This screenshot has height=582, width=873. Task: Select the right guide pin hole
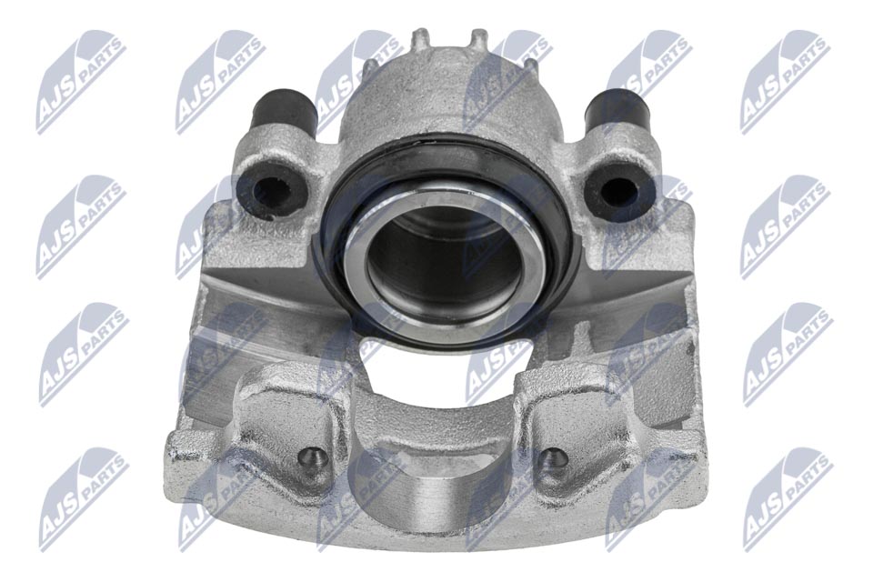(619, 190)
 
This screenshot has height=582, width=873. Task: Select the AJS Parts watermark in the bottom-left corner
(82, 499)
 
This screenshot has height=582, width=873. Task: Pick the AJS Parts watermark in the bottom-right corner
(787, 499)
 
